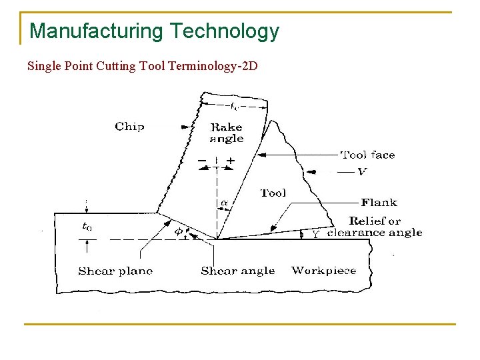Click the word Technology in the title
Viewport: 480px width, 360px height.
pyautogui.click(x=224, y=31)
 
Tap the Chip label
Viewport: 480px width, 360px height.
pyautogui.click(x=129, y=126)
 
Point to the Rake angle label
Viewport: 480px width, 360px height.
pyautogui.click(x=227, y=133)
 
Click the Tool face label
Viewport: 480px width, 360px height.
pyautogui.click(x=367, y=155)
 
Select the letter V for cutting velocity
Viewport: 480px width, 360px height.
pyautogui.click(x=362, y=171)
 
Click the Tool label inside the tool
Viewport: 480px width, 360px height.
pyautogui.click(x=273, y=193)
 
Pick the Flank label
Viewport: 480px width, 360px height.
pyautogui.click(x=379, y=202)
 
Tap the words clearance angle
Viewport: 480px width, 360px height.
pyautogui.click(x=375, y=233)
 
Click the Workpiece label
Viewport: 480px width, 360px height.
pyautogui.click(x=324, y=271)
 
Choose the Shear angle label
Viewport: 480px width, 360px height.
pyautogui.click(x=237, y=271)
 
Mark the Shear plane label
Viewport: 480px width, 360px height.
pyautogui.click(x=115, y=271)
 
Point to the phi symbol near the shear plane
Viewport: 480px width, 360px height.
pyautogui.click(x=179, y=231)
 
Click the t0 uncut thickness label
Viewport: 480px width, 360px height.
pyautogui.click(x=87, y=227)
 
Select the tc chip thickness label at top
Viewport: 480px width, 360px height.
pyautogui.click(x=234, y=105)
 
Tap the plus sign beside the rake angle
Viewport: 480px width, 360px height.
pyautogui.click(x=231, y=161)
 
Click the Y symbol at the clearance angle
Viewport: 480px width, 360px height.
pyautogui.click(x=316, y=234)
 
